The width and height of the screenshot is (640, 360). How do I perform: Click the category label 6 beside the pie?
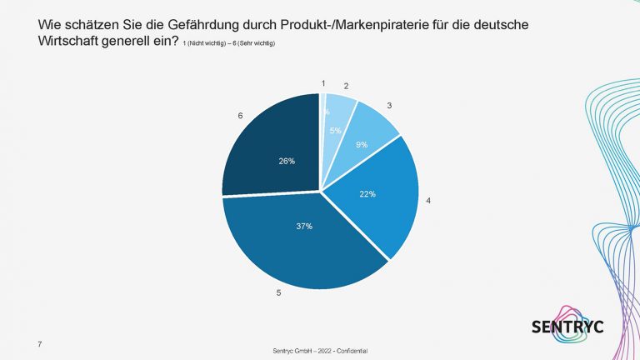[240, 116]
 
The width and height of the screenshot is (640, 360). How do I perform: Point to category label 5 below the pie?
[277, 293]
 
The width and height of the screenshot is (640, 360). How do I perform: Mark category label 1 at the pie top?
[323, 82]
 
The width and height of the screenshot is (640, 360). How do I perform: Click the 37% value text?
[303, 227]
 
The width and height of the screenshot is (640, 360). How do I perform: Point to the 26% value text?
[287, 162]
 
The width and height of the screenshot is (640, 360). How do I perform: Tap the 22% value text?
[367, 193]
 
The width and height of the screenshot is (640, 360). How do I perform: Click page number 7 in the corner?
[38, 343]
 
